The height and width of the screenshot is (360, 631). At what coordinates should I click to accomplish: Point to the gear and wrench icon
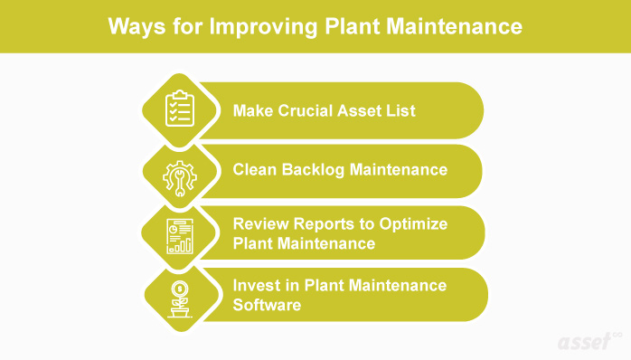coord(177,173)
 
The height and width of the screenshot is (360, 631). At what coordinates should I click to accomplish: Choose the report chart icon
coord(178,234)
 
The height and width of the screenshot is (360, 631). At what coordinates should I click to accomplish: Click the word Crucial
coord(302,111)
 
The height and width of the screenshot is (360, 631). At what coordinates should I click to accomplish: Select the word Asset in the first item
coord(362,111)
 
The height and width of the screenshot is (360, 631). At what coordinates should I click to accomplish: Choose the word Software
coord(267,305)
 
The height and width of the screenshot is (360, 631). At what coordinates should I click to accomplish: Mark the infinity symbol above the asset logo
coord(617,334)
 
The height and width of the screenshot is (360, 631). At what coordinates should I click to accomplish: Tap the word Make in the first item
coord(252,111)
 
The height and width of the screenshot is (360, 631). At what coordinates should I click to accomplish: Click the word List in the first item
coord(400,111)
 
